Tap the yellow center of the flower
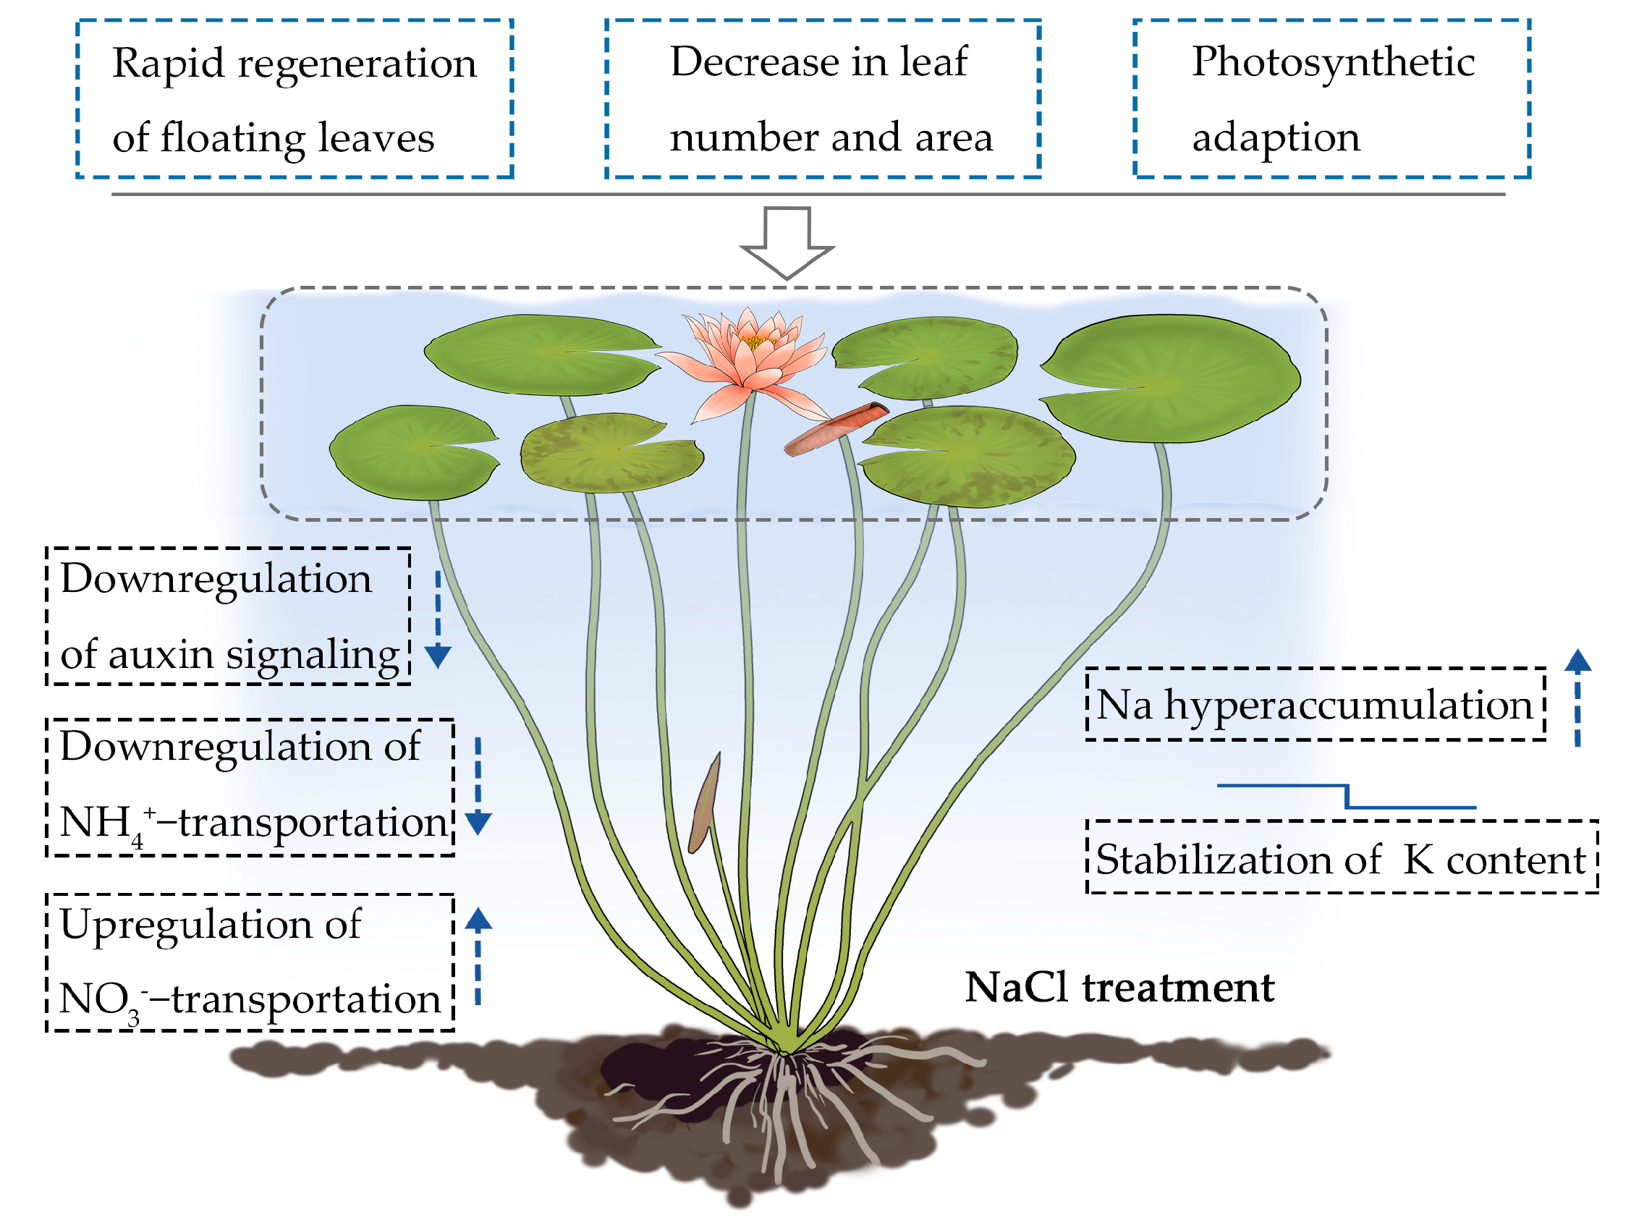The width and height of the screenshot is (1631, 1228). point(753,342)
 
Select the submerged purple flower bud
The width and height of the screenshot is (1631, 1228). point(704,804)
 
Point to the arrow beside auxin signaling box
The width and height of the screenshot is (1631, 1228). point(438,619)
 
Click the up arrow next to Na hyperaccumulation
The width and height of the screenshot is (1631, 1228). point(1577,697)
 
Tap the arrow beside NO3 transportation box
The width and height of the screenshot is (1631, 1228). point(478,955)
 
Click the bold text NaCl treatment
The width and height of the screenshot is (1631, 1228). point(1119,988)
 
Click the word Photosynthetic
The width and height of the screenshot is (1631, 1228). point(1332,63)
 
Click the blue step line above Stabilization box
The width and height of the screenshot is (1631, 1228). point(1347,797)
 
